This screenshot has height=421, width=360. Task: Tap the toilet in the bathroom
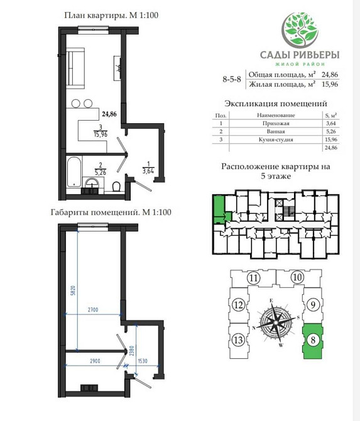tap(116, 186)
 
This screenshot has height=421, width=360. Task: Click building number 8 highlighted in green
tap(314, 341)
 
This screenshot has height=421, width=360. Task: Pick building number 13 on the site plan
tap(237, 341)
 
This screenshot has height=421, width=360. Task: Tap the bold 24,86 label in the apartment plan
tap(109, 114)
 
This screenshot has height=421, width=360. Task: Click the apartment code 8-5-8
tap(233, 79)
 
